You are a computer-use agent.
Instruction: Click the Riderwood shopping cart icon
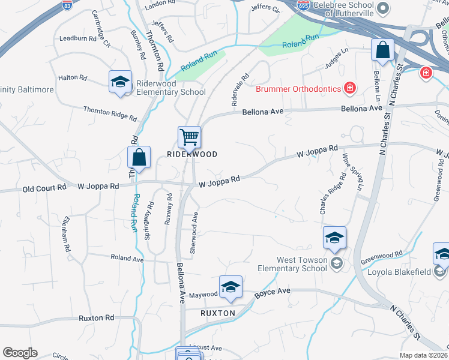[x=189, y=137]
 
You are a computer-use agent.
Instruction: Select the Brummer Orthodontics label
[x=298, y=89]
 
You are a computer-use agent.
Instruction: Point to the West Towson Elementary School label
[x=301, y=264]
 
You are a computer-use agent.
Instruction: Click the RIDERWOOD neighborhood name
[x=191, y=154]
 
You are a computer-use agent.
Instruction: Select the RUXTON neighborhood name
[x=217, y=313]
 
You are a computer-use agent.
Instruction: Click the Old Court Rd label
[x=44, y=187]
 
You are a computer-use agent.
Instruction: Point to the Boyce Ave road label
[x=272, y=292]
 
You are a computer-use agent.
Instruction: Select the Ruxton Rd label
[x=96, y=317]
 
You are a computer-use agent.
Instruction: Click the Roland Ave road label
[x=127, y=257]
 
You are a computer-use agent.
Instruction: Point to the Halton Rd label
[x=73, y=78]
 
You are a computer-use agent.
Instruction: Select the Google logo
[x=20, y=353]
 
